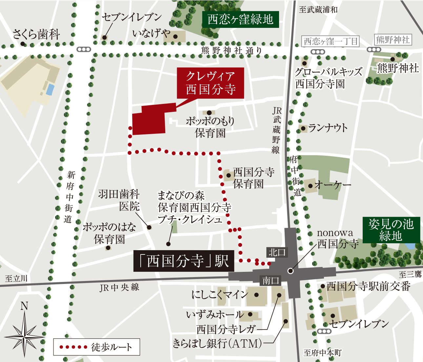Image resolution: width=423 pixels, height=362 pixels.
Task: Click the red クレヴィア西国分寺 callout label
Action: [211, 83]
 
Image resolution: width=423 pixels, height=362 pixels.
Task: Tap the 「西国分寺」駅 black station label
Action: [184, 261]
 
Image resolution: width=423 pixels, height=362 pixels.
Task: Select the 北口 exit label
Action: [277, 252]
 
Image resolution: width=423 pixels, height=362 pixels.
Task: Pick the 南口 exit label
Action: [271, 281]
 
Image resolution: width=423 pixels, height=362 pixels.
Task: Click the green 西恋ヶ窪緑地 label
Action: [240, 19]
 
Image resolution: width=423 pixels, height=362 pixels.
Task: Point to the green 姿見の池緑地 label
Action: [391, 230]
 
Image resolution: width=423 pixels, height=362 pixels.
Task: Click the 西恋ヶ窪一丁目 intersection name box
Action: [331, 41]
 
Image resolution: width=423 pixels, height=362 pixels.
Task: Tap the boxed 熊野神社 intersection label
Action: [393, 40]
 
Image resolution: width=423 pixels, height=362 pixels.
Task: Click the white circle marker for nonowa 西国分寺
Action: [290, 271]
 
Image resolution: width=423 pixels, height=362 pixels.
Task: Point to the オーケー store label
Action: [332, 185]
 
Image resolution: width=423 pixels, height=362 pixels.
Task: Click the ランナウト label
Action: [328, 128]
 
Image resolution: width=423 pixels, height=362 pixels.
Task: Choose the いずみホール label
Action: [215, 315]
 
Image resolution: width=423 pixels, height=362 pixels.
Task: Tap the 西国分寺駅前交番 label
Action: [368, 286]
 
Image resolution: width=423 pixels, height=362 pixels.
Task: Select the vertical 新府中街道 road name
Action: [70, 197]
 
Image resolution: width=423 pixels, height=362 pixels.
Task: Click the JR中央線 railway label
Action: [119, 288]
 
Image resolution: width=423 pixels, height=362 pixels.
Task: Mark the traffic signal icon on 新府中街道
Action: [84, 50]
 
